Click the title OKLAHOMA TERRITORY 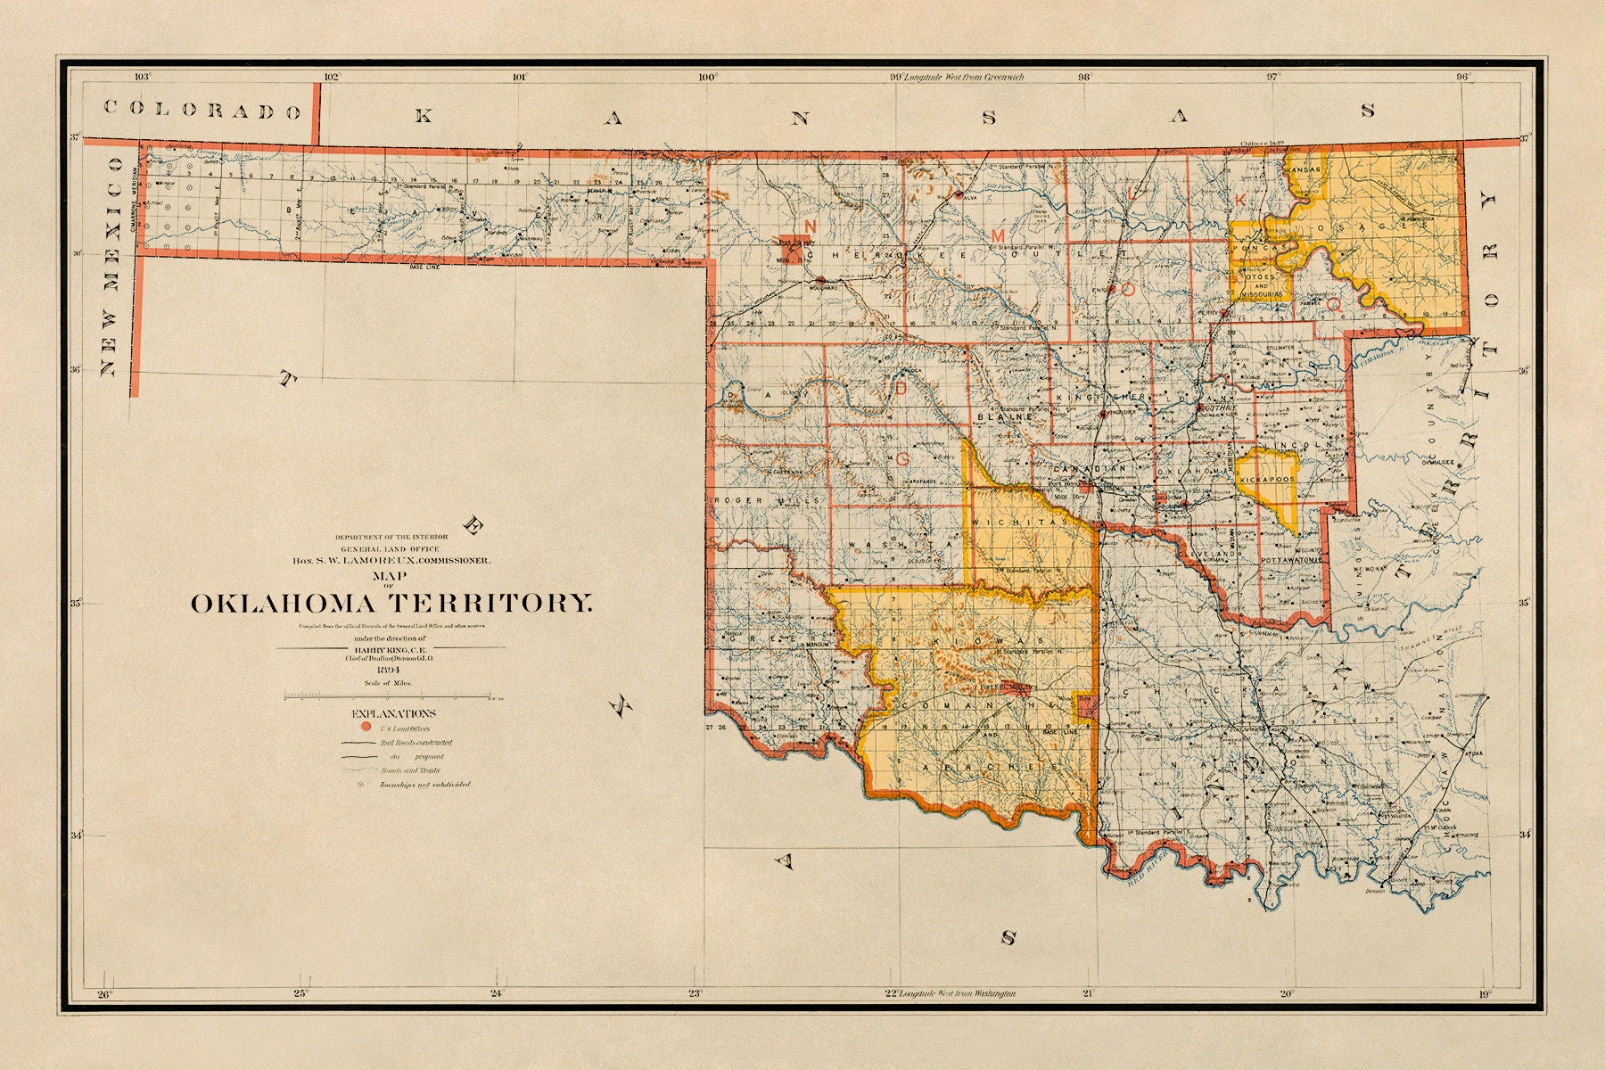tap(391, 604)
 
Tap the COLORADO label tap(202, 110)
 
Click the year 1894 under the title tap(390, 671)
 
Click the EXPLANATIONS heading tap(394, 713)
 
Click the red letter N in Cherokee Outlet tap(811, 225)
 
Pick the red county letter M tap(998, 233)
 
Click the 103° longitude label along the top tap(142, 78)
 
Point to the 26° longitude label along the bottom tap(104, 994)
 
